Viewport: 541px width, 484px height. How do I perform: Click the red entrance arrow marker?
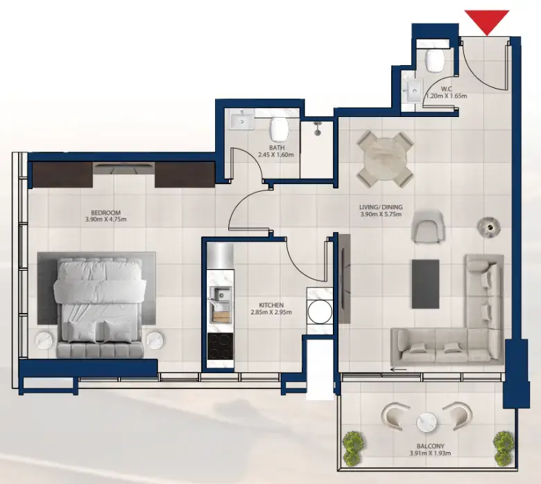click(487, 21)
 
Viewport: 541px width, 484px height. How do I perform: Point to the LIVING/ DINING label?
click(381, 206)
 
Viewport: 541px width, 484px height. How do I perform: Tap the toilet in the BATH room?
click(279, 128)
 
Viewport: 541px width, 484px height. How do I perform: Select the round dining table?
click(384, 159)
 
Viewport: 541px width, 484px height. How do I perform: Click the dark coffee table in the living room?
click(425, 283)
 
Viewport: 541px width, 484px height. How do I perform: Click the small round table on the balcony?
click(425, 422)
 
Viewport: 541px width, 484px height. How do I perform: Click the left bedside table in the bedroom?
click(44, 340)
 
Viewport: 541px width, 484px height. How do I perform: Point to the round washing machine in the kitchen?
click(320, 312)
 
